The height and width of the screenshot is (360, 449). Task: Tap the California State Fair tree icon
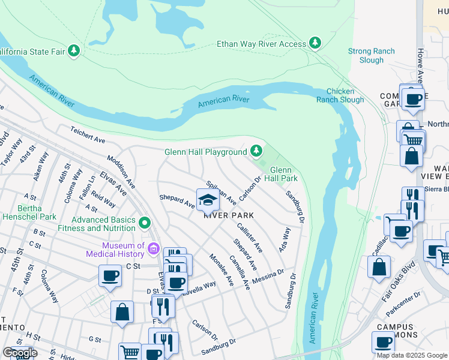tap(74, 51)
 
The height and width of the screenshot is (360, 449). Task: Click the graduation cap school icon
tap(207, 199)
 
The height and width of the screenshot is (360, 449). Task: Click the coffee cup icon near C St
tap(110, 276)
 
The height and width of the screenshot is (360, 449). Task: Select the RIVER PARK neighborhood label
tap(228, 215)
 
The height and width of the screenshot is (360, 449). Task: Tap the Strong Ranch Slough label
tap(372, 56)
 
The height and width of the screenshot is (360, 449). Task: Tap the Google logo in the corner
tap(20, 353)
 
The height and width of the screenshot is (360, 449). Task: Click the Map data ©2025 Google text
tap(412, 355)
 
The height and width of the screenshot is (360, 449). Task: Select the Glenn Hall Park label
tap(281, 174)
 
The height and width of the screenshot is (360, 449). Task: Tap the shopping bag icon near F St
tap(122, 312)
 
